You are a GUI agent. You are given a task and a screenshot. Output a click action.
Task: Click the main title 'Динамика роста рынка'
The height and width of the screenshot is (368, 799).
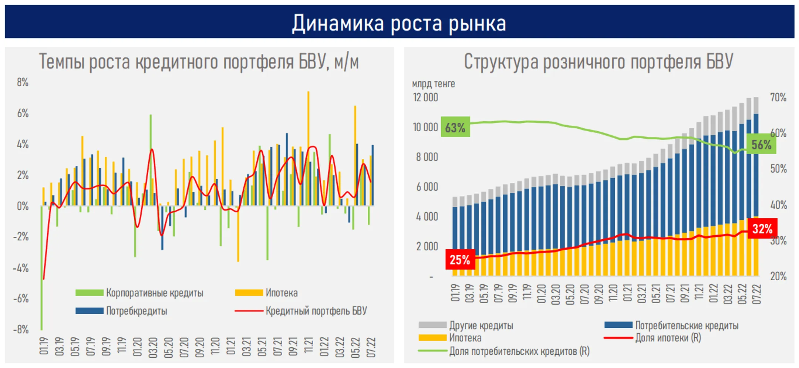[x=399, y=23]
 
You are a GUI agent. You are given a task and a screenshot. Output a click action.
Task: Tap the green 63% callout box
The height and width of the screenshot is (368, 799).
[x=455, y=127]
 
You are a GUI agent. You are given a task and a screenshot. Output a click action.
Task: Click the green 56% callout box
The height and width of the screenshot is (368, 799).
[x=761, y=144]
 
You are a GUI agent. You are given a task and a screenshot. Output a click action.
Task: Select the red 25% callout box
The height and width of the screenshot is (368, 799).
[x=460, y=259]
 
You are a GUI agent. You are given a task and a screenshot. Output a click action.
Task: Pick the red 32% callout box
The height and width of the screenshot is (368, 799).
[x=762, y=229]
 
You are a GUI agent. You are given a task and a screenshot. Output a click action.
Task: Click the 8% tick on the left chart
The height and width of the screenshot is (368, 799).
[x=23, y=82]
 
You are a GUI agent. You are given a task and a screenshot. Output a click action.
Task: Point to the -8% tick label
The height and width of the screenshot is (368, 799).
[x=21, y=329]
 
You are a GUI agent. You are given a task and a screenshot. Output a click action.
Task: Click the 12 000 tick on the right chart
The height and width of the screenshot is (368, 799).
[x=425, y=97]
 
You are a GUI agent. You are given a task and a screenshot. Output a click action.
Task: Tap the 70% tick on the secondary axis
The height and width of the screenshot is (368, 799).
[x=778, y=97]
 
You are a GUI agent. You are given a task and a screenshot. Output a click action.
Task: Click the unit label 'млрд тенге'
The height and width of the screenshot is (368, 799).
[x=433, y=84]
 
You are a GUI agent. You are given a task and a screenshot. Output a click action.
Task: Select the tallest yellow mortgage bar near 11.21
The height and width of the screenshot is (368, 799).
[x=308, y=148]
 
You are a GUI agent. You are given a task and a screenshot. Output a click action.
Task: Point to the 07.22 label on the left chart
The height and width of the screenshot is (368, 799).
[x=371, y=347]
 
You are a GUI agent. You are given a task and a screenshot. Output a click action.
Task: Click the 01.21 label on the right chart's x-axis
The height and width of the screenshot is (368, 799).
[x=627, y=294]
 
